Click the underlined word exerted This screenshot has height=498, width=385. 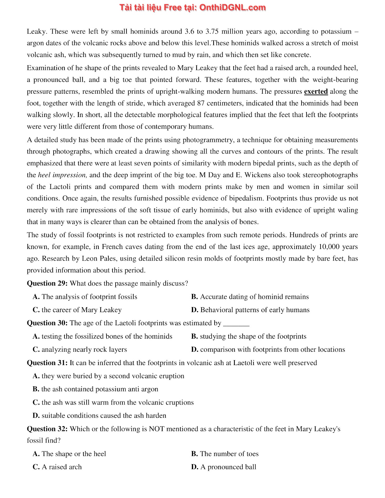[316, 92]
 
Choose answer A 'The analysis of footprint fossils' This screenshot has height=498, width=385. [85, 297]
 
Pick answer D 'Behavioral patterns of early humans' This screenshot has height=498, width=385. [250, 310]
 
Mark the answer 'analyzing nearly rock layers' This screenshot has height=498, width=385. [80, 350]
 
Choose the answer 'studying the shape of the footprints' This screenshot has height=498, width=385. [249, 336]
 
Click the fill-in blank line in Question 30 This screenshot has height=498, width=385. [237, 324]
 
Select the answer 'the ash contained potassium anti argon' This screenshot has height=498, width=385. [96, 389]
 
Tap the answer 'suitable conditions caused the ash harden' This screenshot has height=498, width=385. [100, 416]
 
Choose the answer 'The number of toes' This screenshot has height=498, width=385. [225, 454]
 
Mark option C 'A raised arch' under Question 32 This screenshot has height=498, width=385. [57, 467]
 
